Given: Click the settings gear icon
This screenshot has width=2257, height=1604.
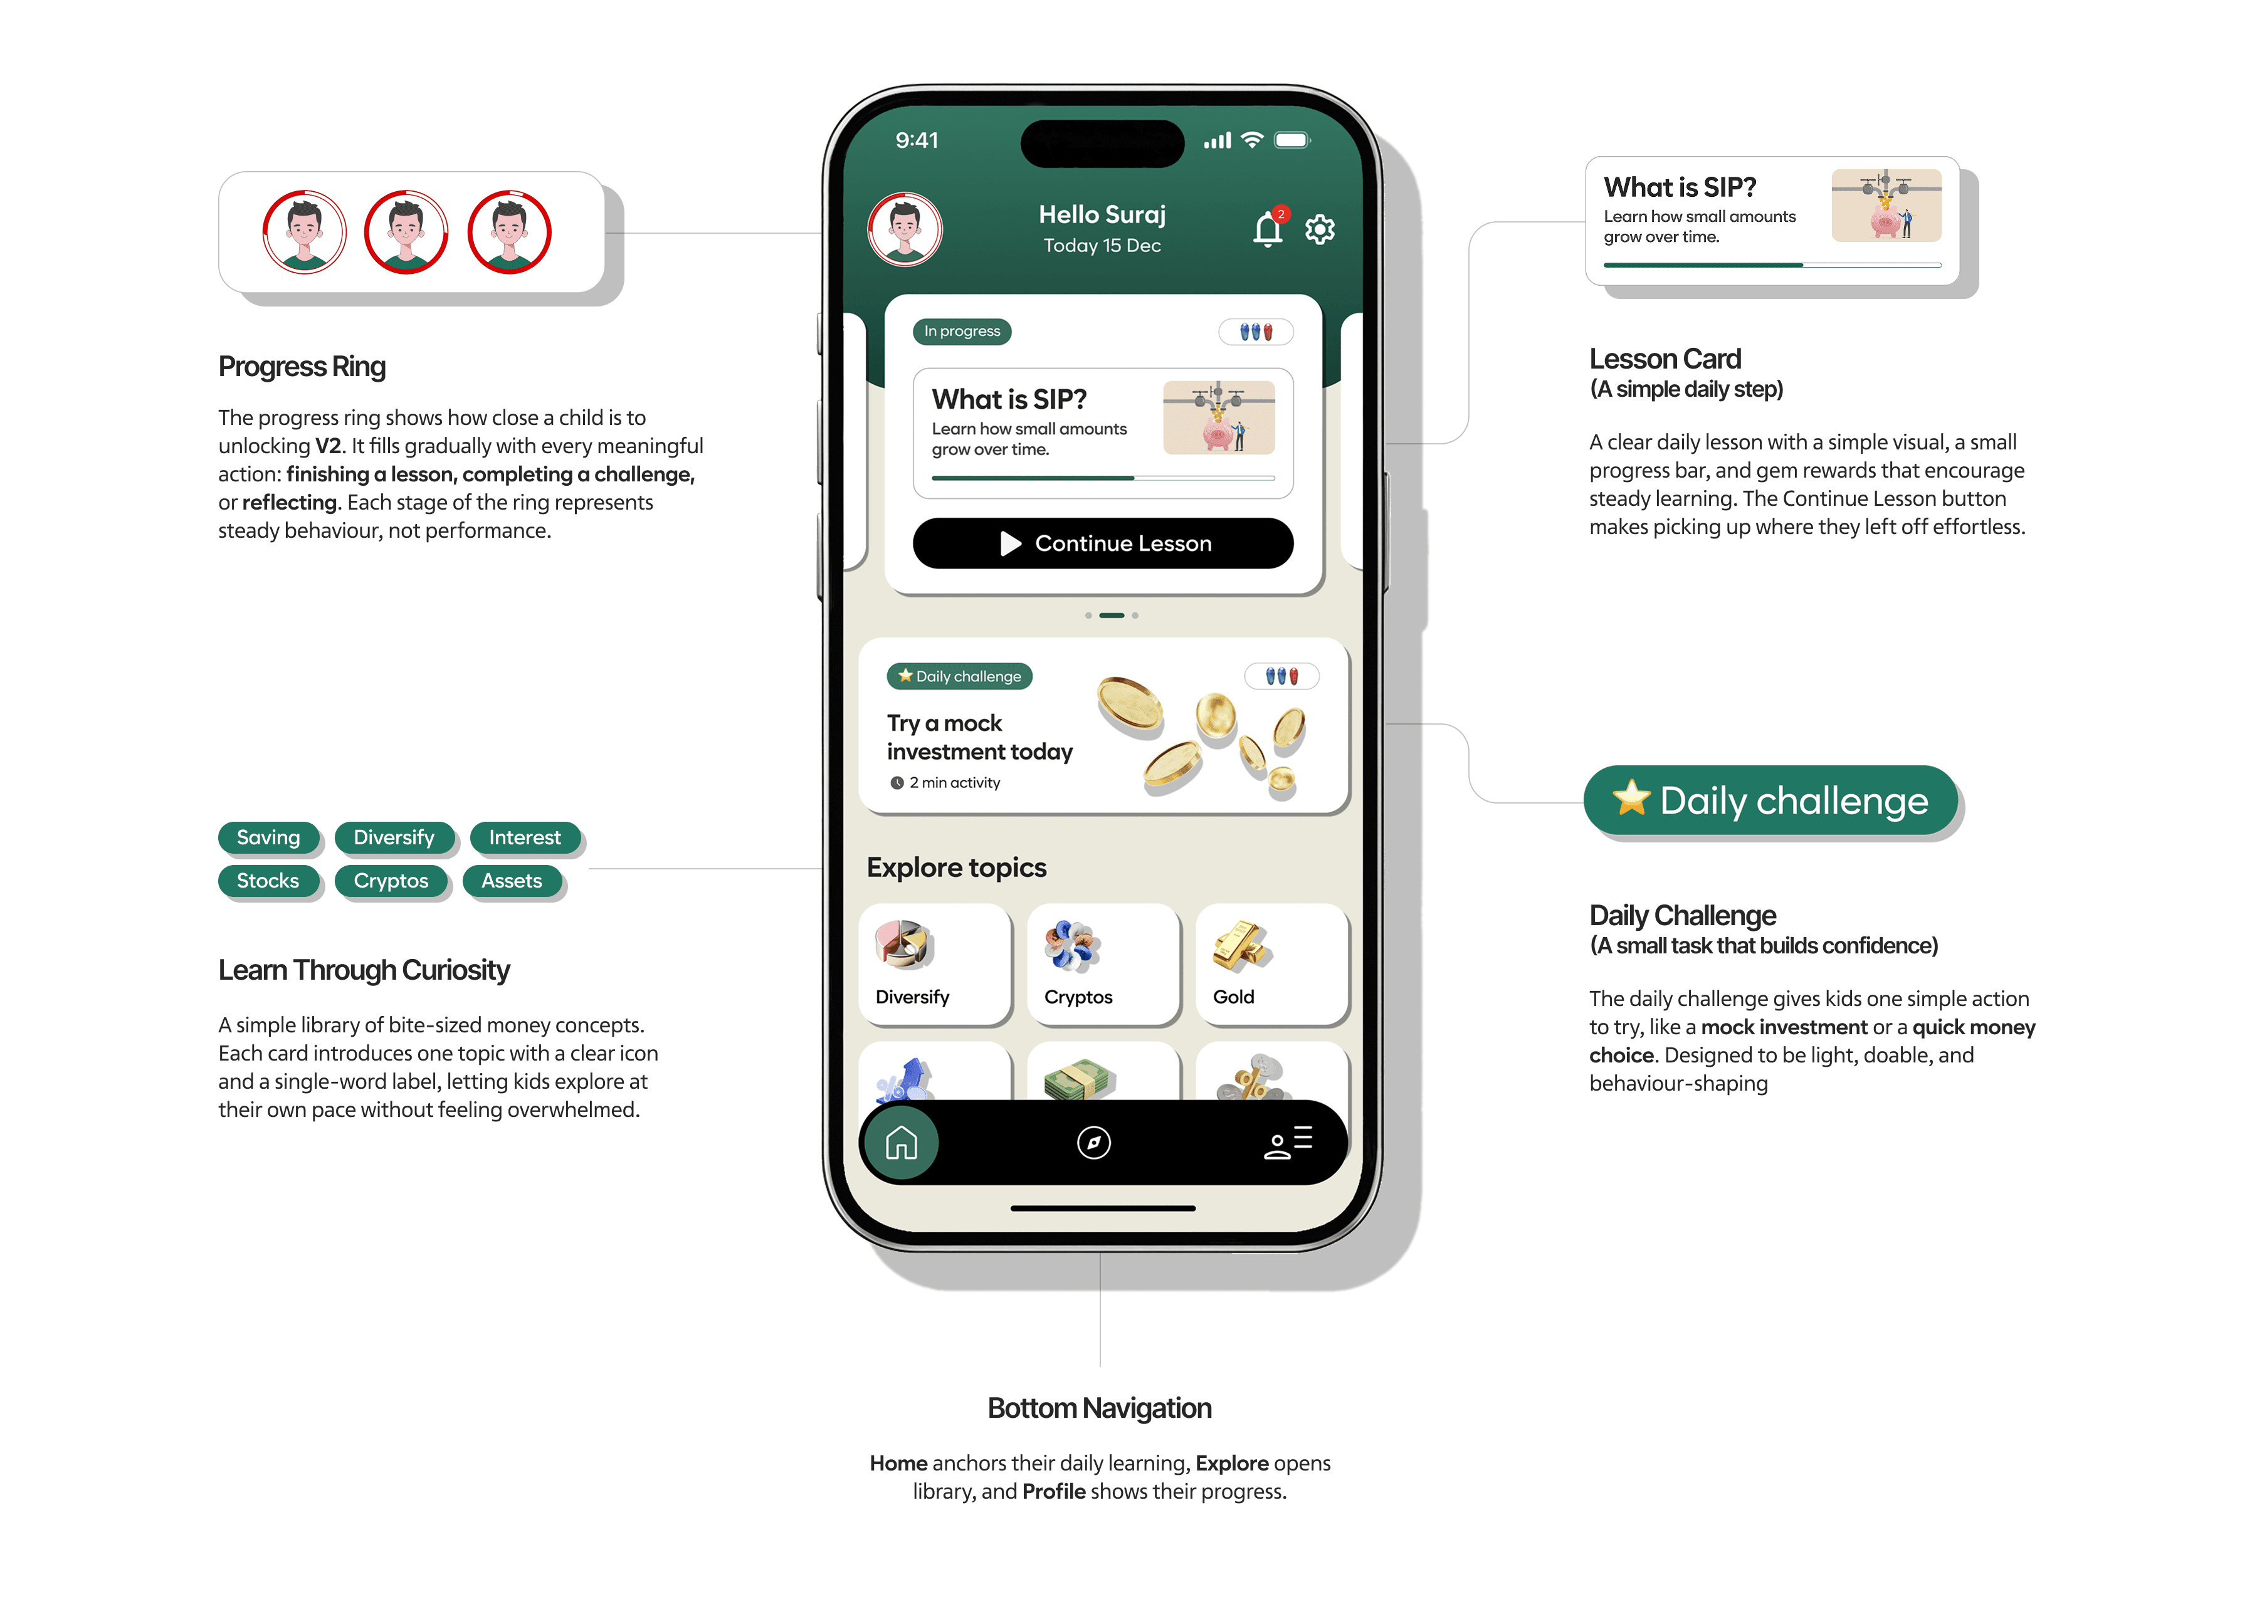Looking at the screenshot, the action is (x=1320, y=229).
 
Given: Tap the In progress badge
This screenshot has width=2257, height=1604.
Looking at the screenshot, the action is (x=962, y=331).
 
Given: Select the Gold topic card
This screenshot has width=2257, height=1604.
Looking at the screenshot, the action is (x=1271, y=964).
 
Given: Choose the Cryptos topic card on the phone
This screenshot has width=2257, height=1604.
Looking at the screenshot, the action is (x=1103, y=964).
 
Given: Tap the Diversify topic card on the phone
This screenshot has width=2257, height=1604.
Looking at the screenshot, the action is (x=934, y=964).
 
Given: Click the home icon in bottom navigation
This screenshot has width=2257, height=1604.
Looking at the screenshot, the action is (x=901, y=1143).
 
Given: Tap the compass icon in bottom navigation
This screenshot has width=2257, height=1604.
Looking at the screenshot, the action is (x=1093, y=1143).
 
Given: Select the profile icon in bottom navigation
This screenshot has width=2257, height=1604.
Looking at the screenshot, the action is (x=1288, y=1143).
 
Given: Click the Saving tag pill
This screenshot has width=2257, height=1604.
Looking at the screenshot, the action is (x=269, y=837).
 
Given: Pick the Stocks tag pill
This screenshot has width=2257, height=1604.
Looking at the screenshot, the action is (x=268, y=881).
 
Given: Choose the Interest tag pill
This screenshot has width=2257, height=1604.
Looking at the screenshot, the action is (x=525, y=837).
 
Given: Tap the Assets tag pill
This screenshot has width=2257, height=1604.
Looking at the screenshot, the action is (x=512, y=881).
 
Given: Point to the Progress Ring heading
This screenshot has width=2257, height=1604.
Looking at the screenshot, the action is (x=302, y=367).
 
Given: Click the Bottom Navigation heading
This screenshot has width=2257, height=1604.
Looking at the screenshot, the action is (x=1100, y=1408).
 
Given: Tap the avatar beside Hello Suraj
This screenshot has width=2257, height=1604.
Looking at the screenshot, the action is (x=905, y=229).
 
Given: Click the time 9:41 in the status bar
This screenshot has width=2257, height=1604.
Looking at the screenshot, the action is (x=917, y=140).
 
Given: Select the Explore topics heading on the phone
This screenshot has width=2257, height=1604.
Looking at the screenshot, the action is (x=956, y=867).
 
